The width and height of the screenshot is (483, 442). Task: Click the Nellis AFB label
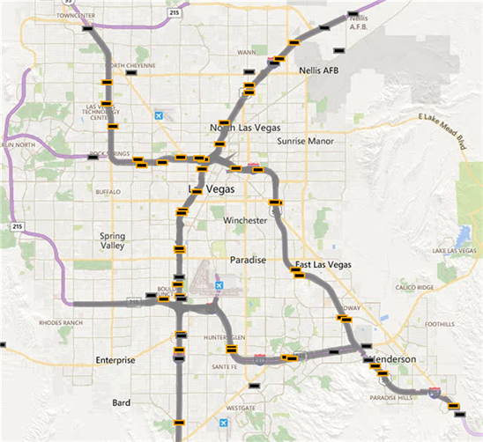click(319, 70)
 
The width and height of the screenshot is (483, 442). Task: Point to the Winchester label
click(245, 220)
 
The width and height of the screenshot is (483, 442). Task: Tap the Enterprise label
click(115, 360)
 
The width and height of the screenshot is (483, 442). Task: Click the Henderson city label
click(394, 361)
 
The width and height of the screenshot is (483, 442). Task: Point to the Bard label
click(122, 402)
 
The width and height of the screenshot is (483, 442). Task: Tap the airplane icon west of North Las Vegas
click(158, 115)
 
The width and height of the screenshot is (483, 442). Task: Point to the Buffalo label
click(107, 191)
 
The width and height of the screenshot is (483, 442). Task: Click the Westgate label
click(241, 409)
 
